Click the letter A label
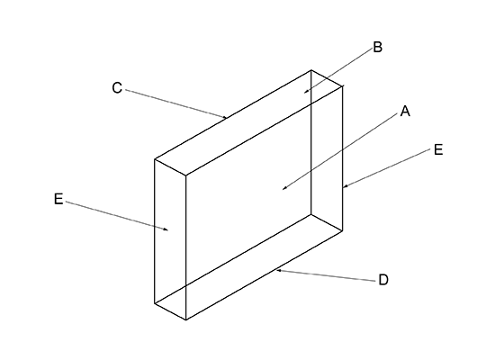(x=405, y=112)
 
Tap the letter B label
(x=378, y=47)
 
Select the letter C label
(x=117, y=88)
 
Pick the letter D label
(x=383, y=280)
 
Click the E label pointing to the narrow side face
(x=58, y=199)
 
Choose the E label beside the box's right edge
(x=438, y=149)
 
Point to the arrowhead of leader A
(x=284, y=188)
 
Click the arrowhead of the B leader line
(x=306, y=92)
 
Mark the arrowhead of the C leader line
(x=225, y=117)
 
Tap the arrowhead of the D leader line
(x=279, y=271)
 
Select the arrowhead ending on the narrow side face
(x=166, y=229)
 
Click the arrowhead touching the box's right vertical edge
(x=346, y=186)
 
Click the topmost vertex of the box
(x=311, y=70)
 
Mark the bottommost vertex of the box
(x=186, y=319)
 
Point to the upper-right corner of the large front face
(x=343, y=85)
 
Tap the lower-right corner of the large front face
(x=343, y=230)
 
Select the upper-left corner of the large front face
(x=186, y=175)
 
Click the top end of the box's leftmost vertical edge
(x=155, y=159)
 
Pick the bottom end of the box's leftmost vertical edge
(x=155, y=303)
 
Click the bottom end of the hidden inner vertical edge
(x=311, y=214)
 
